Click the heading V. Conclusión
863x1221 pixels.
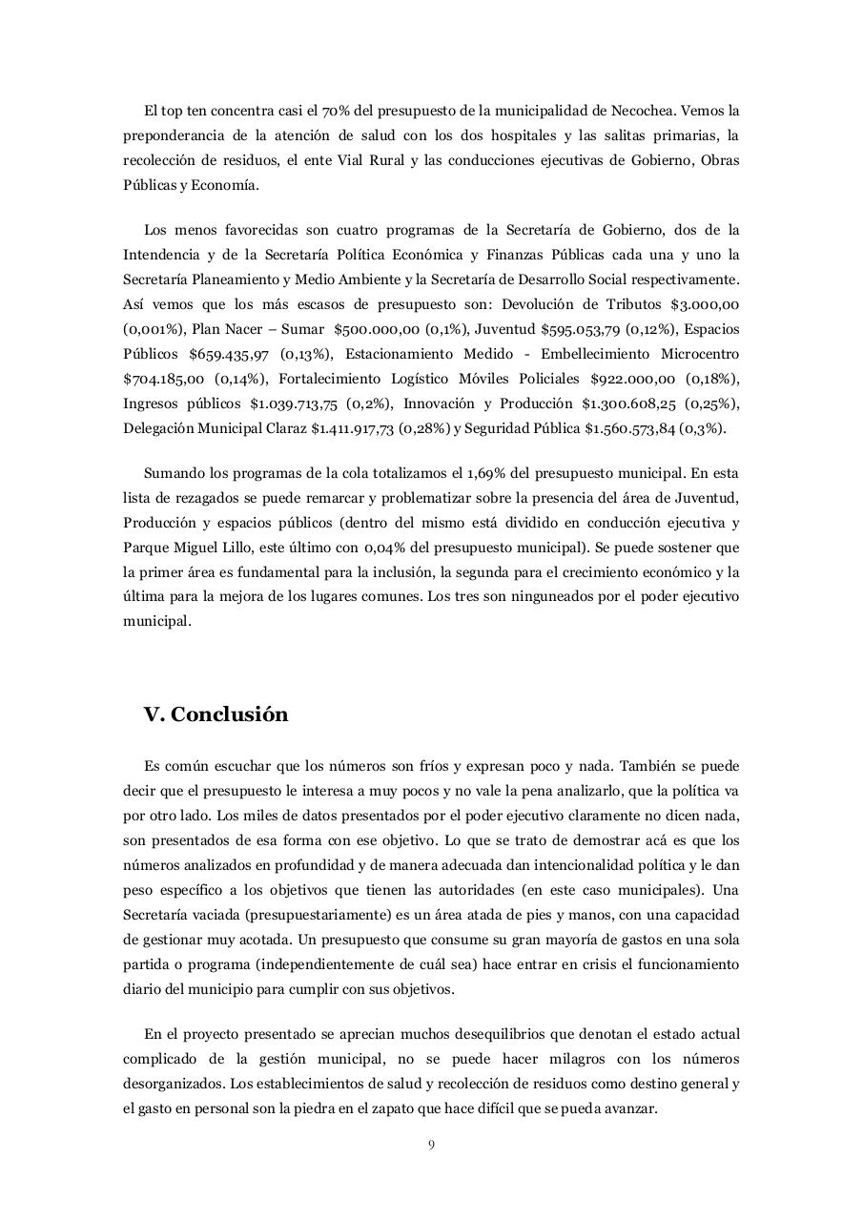(216, 714)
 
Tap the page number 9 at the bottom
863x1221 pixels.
(431, 1145)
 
